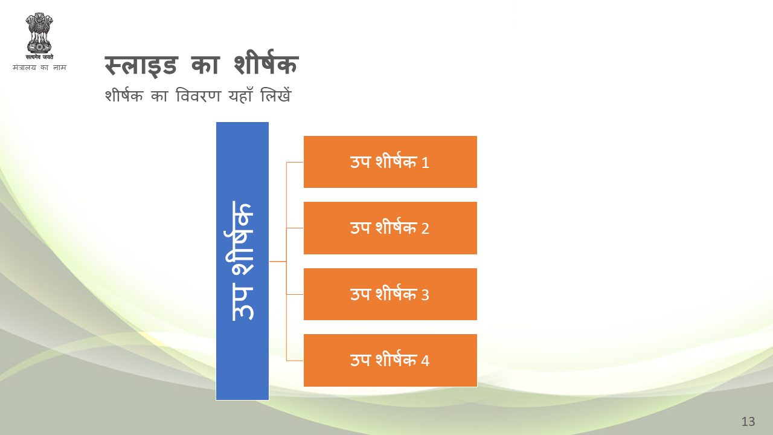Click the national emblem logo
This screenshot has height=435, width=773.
[39, 36]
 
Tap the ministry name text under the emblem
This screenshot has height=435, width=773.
[39, 67]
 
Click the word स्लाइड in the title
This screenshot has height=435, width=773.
[141, 66]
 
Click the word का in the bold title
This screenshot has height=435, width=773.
[205, 65]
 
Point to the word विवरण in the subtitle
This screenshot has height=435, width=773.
[198, 95]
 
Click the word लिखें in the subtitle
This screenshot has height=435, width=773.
[276, 95]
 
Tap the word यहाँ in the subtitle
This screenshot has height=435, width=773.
[240, 95]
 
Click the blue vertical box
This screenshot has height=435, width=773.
[242, 261]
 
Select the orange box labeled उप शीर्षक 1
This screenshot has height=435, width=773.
[390, 162]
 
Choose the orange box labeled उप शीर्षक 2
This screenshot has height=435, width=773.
[390, 228]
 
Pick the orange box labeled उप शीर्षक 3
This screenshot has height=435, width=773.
[390, 294]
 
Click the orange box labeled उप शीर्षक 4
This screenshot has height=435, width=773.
[390, 361]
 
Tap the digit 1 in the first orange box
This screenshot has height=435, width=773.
[425, 163]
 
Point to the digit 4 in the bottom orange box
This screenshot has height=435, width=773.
[425, 361]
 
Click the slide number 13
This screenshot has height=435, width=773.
[748, 422]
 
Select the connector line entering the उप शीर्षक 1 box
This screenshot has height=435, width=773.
[295, 162]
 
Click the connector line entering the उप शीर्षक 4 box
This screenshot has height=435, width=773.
[295, 361]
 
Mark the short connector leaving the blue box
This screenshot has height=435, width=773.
[278, 262]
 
